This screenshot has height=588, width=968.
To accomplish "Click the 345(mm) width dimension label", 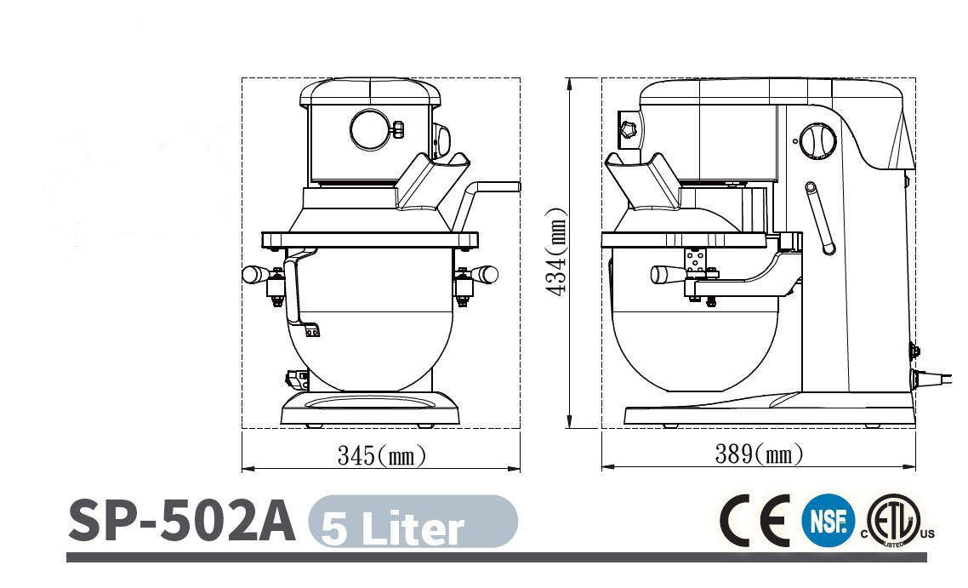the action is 382,456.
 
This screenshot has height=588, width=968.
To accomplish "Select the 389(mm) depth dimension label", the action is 759,454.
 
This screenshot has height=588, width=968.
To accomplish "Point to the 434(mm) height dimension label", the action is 556,252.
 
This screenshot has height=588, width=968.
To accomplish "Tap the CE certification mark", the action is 754,520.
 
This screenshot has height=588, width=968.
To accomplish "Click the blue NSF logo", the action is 828,521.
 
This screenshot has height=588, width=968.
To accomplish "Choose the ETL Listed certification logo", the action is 898,521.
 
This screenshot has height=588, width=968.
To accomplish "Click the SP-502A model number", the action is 181,520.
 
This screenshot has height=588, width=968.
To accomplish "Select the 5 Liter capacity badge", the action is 413,522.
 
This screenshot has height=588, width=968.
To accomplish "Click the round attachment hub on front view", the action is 371,129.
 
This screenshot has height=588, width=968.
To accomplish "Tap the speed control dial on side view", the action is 818,140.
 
